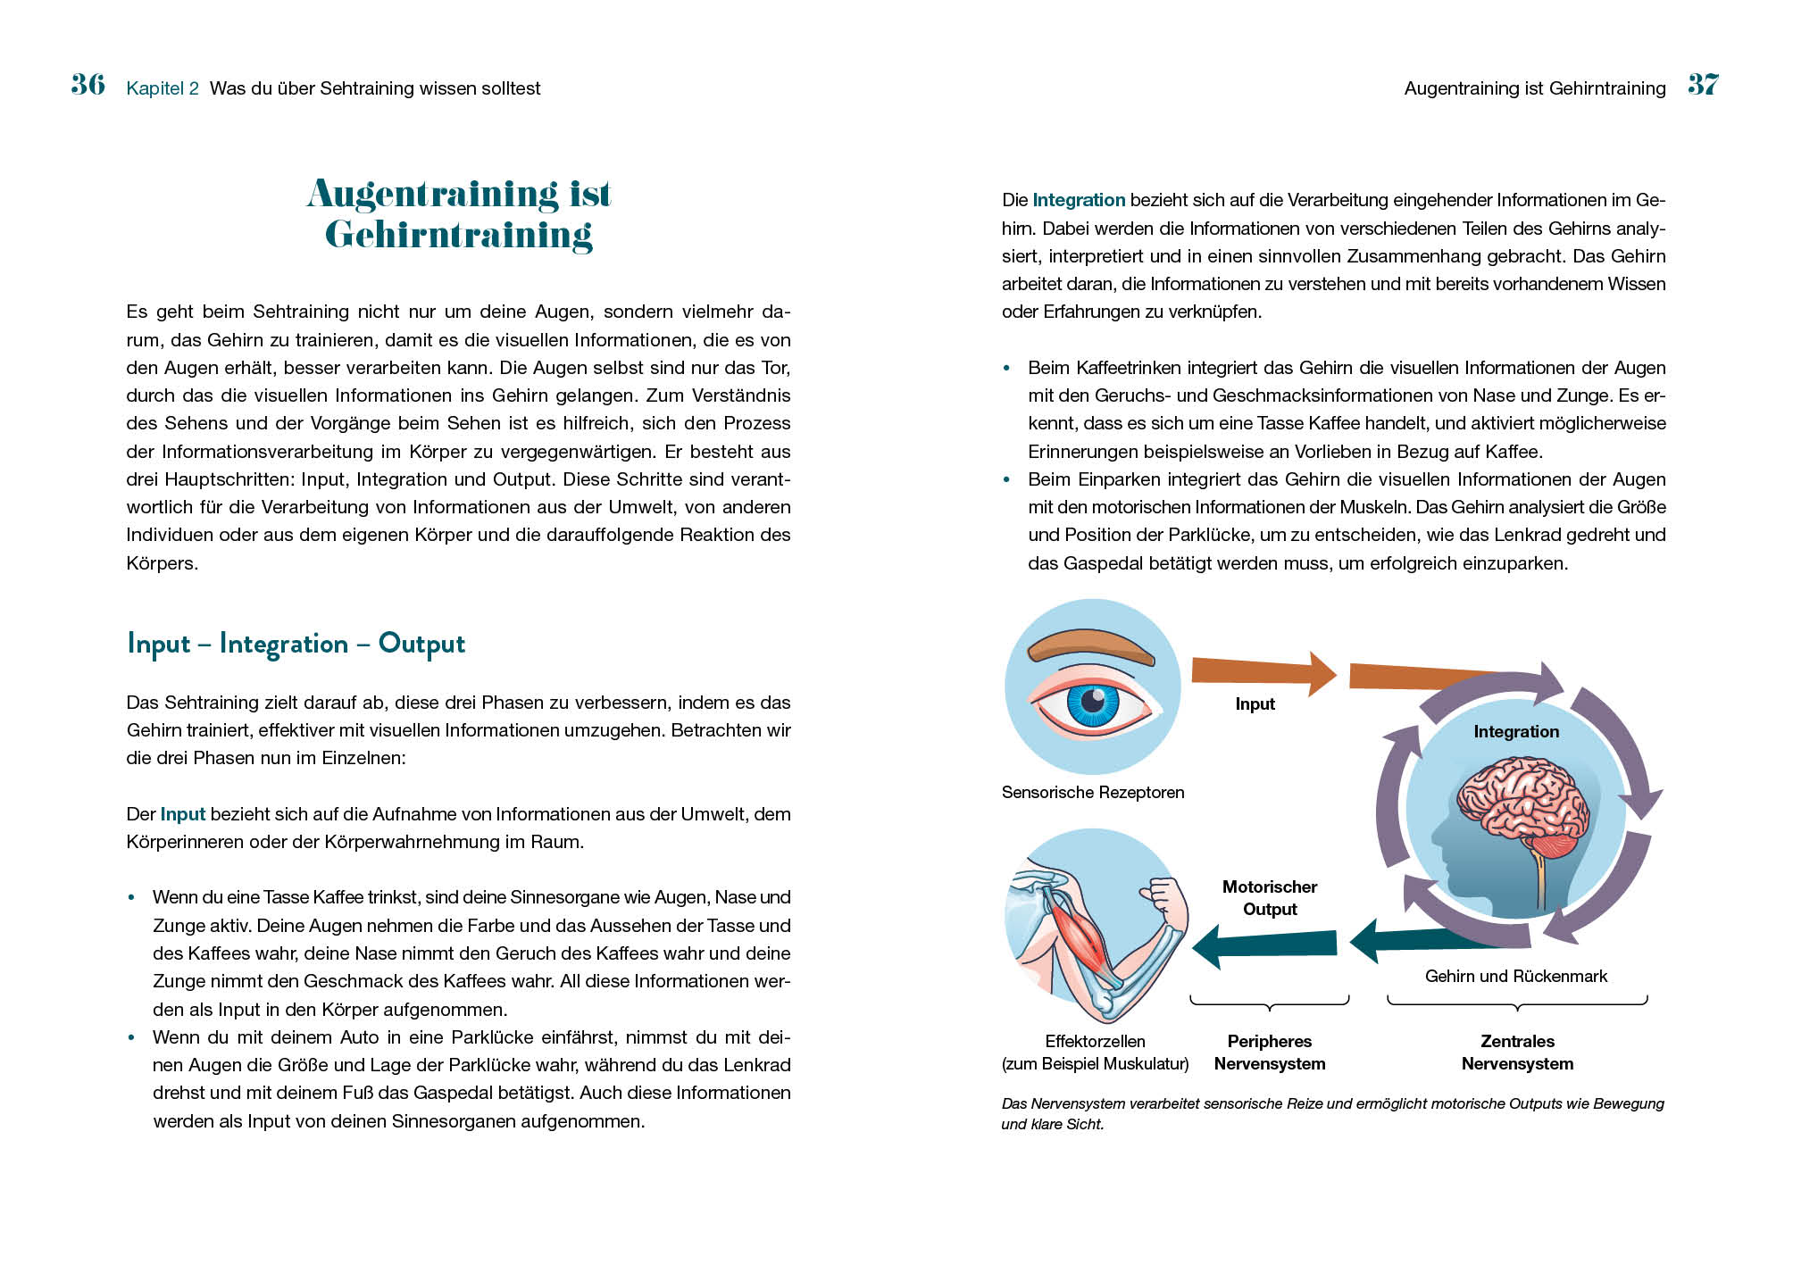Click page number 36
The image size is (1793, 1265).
click(x=88, y=85)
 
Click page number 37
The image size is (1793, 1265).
click(x=1703, y=85)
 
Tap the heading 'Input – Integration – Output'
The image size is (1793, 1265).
click(x=296, y=644)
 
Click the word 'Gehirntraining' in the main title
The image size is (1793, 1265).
click(x=458, y=235)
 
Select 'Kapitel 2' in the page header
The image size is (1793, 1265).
click(x=163, y=88)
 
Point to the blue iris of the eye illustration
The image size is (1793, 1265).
click(x=1093, y=703)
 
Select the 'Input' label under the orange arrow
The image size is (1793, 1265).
click(x=1255, y=704)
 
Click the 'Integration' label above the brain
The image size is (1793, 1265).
click(x=1516, y=732)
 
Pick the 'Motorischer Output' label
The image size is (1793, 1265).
click(x=1269, y=898)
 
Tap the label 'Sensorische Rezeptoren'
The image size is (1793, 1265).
click(x=1093, y=793)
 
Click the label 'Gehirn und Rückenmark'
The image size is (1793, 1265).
click(x=1515, y=977)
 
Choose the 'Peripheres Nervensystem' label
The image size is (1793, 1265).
click(x=1269, y=1053)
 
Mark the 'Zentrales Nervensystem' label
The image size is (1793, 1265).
click(x=1517, y=1053)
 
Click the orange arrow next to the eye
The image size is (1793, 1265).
click(x=1262, y=672)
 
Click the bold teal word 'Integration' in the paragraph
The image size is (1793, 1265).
click(x=1079, y=201)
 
